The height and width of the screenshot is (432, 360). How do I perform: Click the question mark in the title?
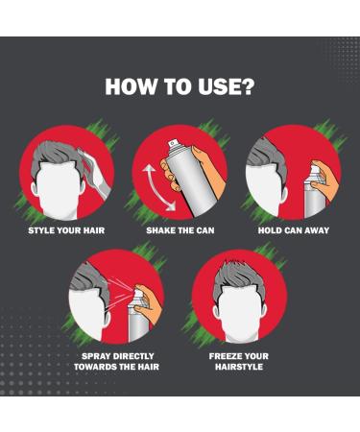click(246, 85)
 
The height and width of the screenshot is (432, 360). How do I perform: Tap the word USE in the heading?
click(218, 86)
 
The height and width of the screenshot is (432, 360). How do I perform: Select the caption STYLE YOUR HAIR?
click(66, 230)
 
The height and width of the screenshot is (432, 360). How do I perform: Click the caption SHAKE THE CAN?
click(180, 230)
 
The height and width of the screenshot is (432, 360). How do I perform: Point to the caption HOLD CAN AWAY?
click(294, 230)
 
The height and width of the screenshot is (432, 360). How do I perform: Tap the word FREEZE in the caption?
click(225, 356)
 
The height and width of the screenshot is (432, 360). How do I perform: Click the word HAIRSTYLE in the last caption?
click(239, 367)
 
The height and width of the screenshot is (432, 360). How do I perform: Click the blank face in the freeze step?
click(240, 314)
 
